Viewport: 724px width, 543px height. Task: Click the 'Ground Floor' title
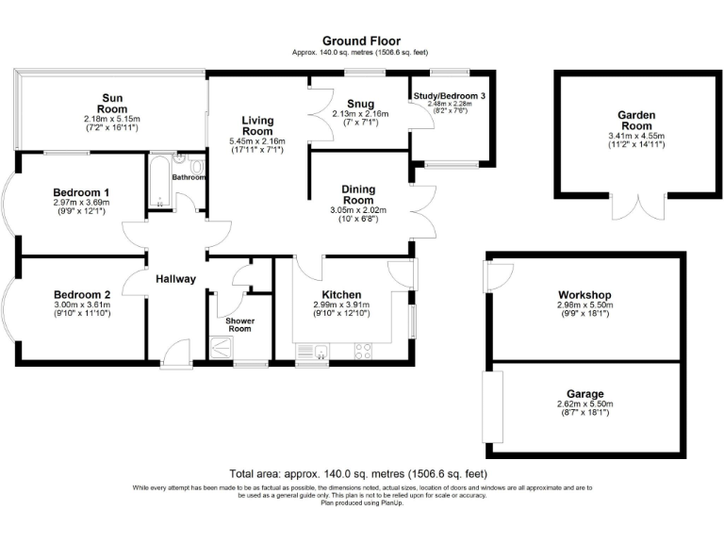(x=361, y=41)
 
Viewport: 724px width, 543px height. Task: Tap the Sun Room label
(x=111, y=103)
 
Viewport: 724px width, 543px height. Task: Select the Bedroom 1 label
(x=81, y=190)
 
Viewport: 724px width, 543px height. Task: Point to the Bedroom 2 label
(x=82, y=292)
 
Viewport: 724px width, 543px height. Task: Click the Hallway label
(x=176, y=279)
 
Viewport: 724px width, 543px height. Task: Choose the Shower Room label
(x=239, y=325)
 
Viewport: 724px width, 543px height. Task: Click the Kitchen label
(x=342, y=293)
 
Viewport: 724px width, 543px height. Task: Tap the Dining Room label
(x=358, y=194)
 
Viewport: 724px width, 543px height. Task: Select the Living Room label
(x=257, y=126)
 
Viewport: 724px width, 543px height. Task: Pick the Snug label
(x=360, y=104)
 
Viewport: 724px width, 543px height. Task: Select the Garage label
(x=585, y=394)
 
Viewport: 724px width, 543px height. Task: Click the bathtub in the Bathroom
(x=157, y=184)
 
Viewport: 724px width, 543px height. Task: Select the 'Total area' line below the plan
(x=358, y=473)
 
